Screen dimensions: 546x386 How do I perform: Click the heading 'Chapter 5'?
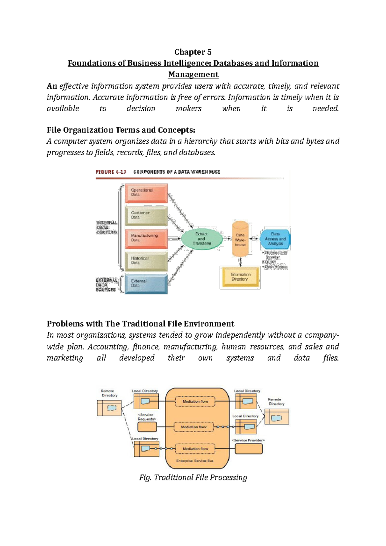[x=193, y=52]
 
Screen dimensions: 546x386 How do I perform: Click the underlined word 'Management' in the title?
[x=193, y=75]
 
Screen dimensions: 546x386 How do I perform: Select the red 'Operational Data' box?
[x=146, y=193]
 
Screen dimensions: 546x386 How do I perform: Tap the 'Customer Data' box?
[x=146, y=215]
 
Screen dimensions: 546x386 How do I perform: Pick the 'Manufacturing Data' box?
[x=146, y=238]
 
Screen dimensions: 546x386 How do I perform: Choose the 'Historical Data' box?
[x=146, y=261]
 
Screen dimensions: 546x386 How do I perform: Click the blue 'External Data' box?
[x=146, y=284]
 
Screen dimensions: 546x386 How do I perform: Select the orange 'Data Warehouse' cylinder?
[x=240, y=239]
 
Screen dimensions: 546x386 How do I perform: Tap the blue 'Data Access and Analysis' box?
[x=275, y=239]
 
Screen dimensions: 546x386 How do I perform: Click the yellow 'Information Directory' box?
[x=240, y=277]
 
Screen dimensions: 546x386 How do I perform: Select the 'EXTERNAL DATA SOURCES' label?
[x=106, y=285]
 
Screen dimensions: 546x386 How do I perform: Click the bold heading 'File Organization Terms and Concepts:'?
[x=121, y=130]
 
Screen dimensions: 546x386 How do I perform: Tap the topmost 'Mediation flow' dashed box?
[x=195, y=402]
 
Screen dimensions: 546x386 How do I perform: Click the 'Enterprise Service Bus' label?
[x=195, y=461]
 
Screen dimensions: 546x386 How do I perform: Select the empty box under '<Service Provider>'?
[x=249, y=449]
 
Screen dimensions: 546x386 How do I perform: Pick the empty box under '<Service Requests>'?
[x=147, y=427]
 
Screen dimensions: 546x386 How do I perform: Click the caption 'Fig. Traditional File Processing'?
[x=193, y=478]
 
